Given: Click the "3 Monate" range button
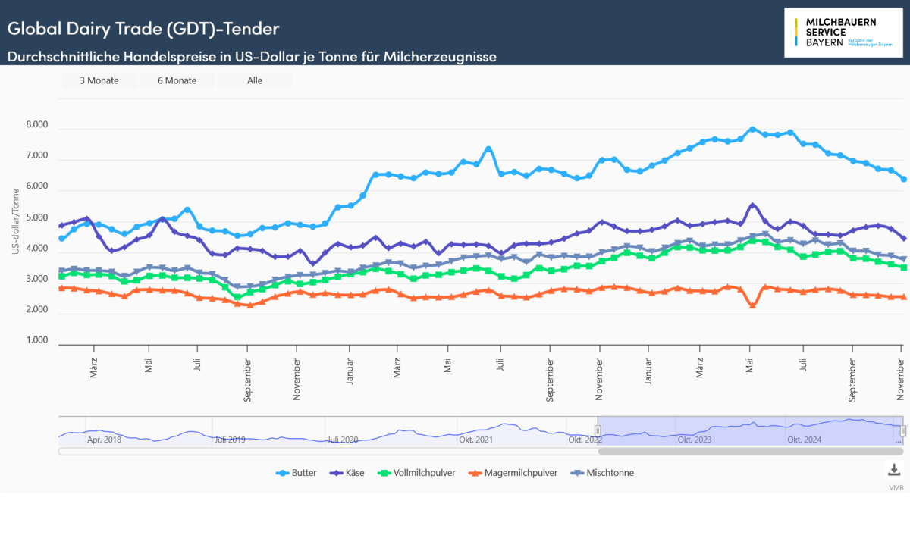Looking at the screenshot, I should tap(99, 80).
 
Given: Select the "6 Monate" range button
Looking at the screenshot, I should tap(177, 80).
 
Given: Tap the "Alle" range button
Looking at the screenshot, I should tap(255, 80).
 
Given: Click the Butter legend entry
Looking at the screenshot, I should tap(297, 473).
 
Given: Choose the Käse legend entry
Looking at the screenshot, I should tap(348, 473).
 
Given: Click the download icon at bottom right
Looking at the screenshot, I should tap(894, 469).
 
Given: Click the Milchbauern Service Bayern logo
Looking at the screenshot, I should tap(844, 32).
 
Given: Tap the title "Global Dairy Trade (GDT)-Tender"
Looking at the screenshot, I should tap(143, 29).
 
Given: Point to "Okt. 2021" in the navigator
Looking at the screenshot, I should tap(477, 440).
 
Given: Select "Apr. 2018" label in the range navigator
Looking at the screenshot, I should tap(104, 440).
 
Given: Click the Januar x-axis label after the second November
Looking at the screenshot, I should tap(649, 368).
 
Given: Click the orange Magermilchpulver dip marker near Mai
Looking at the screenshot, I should tap(752, 305).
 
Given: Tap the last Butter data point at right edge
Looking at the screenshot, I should tap(903, 179).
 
